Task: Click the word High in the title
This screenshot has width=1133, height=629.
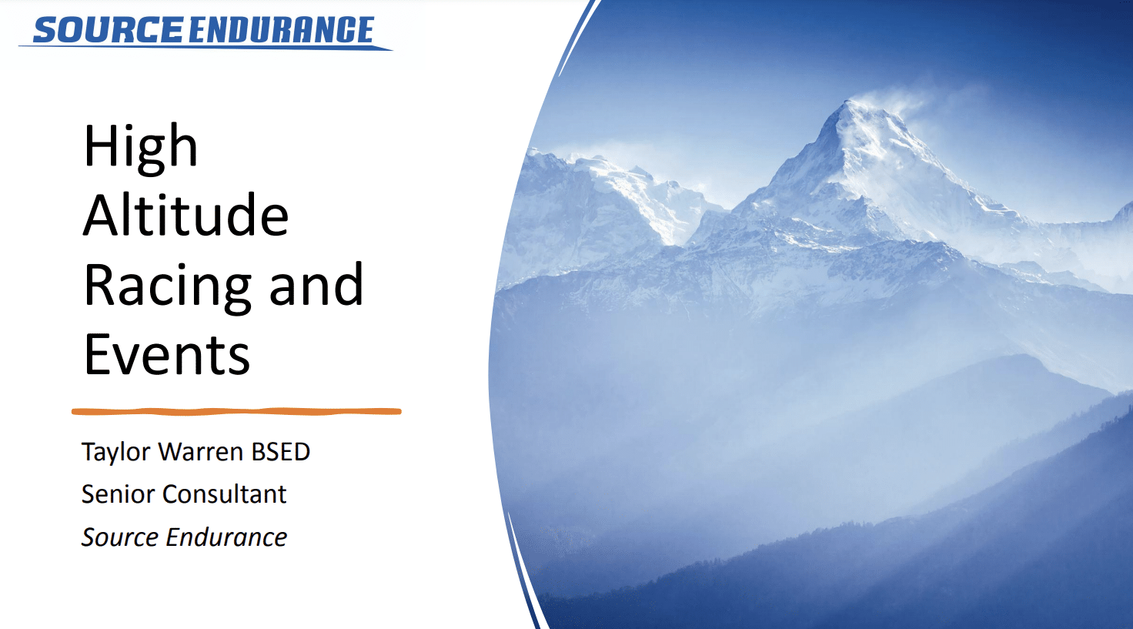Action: pyautogui.click(x=141, y=146)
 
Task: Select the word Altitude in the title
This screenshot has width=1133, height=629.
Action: pyautogui.click(x=185, y=215)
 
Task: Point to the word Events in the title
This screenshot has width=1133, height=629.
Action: pyautogui.click(x=166, y=355)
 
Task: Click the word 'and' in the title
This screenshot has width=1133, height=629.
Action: pyautogui.click(x=316, y=284)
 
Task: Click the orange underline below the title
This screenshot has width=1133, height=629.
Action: pyautogui.click(x=236, y=412)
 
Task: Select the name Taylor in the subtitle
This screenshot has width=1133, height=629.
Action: pyautogui.click(x=115, y=452)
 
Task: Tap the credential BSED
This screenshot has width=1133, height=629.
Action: pyautogui.click(x=280, y=452)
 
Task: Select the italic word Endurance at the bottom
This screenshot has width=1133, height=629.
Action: pyautogui.click(x=226, y=537)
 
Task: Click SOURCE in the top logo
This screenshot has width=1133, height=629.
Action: pyautogui.click(x=108, y=30)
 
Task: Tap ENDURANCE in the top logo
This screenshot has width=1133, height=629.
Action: pyautogui.click(x=281, y=30)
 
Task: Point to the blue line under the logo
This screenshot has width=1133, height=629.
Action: pyautogui.click(x=206, y=47)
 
